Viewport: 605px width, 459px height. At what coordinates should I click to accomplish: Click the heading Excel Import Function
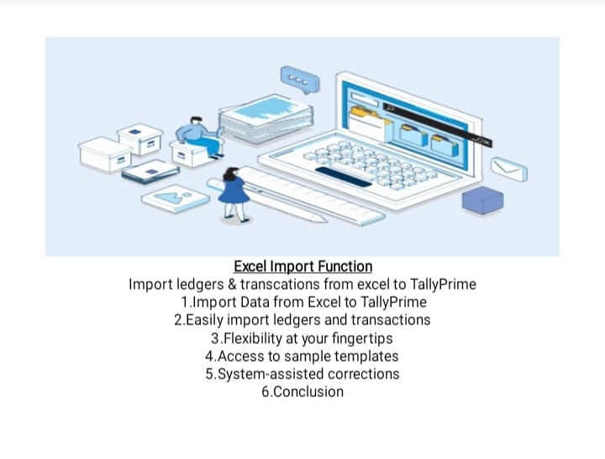tap(302, 266)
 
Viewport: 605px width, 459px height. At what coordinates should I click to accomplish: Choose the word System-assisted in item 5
tap(271, 374)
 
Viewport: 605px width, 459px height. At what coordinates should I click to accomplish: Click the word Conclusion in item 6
tap(308, 392)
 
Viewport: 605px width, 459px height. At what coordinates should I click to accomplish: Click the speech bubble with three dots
tap(300, 80)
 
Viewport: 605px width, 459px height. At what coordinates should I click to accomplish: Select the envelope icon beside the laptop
tap(509, 169)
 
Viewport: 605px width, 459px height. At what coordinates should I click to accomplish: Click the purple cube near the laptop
tap(482, 200)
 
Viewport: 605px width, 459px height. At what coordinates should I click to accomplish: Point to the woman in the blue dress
tap(234, 194)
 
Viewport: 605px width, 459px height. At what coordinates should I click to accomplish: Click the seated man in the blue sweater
tap(200, 136)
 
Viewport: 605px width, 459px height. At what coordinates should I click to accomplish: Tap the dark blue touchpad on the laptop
tap(343, 177)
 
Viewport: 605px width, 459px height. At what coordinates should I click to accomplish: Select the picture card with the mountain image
tap(176, 198)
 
